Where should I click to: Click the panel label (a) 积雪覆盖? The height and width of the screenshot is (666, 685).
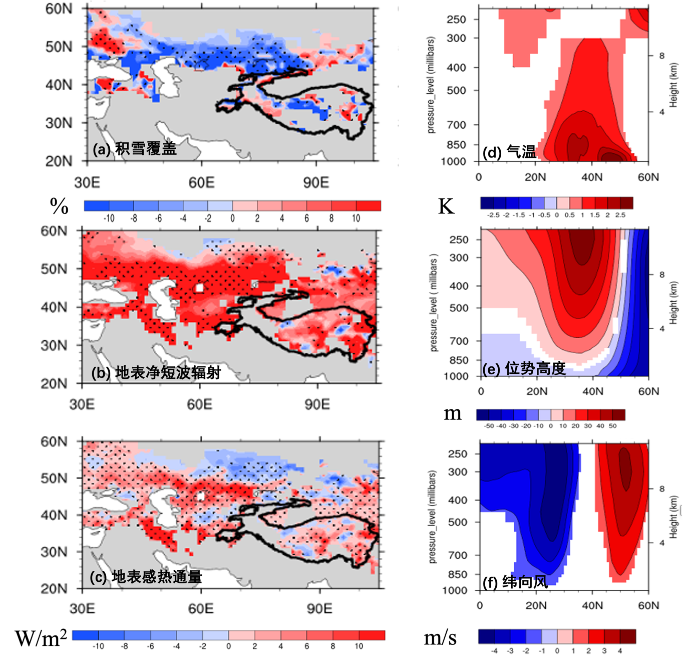pos(134,149)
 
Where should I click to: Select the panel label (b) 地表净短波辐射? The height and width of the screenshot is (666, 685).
pos(156,373)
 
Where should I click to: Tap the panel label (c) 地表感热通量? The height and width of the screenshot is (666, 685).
pos(146,577)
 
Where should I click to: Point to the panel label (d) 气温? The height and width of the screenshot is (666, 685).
pos(509,151)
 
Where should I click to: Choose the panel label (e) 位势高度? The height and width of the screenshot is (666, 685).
pos(524,369)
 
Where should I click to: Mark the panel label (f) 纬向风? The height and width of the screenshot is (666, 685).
pos(515,582)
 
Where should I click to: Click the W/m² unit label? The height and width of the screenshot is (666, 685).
pos(41,638)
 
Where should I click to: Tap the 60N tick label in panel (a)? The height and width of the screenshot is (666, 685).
pos(59,9)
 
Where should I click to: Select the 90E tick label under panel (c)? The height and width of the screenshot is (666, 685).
pos(319,608)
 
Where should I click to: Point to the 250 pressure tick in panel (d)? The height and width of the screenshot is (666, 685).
pos(456,20)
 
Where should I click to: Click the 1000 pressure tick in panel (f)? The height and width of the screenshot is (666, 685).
pos(454,590)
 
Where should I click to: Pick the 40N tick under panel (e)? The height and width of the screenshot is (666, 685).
pos(592,391)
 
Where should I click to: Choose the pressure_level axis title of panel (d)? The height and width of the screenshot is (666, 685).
pos(431,85)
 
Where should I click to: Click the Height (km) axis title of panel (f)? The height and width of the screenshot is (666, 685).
pos(673,517)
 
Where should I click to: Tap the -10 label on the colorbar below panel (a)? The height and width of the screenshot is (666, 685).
pos(109,218)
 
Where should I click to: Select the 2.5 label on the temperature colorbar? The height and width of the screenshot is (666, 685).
pos(620,215)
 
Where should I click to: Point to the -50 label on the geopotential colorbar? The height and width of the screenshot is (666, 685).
pos(489,426)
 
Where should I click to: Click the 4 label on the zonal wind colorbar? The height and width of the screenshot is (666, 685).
pos(619,651)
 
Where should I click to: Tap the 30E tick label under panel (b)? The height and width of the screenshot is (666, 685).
pos(82,404)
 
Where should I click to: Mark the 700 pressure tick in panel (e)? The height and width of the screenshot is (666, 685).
pos(459,341)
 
